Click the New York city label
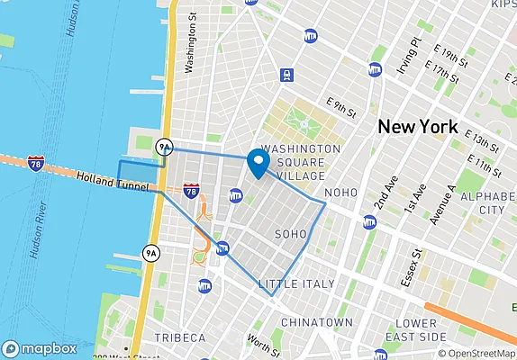(417, 126)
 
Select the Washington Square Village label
(301, 163)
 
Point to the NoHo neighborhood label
(340, 193)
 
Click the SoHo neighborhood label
(290, 234)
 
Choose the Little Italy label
(296, 284)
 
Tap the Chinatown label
(316, 322)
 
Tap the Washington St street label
(190, 49)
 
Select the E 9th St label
(342, 108)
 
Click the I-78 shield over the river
(34, 163)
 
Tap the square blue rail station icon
(287, 75)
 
